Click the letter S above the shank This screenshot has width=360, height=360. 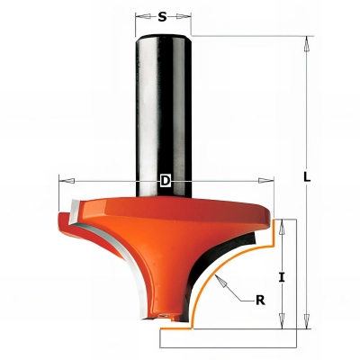click(162, 15)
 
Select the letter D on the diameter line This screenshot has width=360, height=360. click(165, 181)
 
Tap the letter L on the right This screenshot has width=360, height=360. click(307, 177)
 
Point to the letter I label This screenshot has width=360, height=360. click(282, 277)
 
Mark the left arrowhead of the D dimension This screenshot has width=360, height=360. click(62, 181)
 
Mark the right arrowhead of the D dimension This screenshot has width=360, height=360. click(268, 181)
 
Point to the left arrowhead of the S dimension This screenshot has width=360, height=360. click(139, 15)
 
